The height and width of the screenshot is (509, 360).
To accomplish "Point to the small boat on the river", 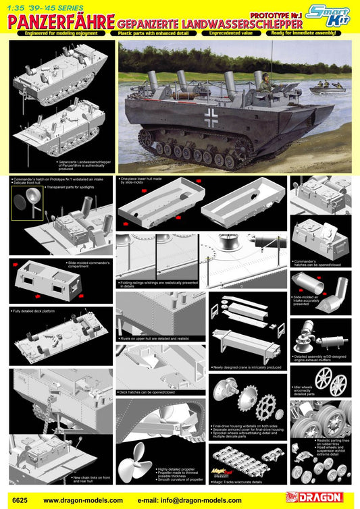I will point(328,88).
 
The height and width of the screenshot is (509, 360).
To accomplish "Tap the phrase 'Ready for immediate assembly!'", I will point(315,32).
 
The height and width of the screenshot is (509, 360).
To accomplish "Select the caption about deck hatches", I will point(147,392).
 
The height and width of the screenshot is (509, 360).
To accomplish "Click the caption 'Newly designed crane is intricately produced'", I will point(247,367).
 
